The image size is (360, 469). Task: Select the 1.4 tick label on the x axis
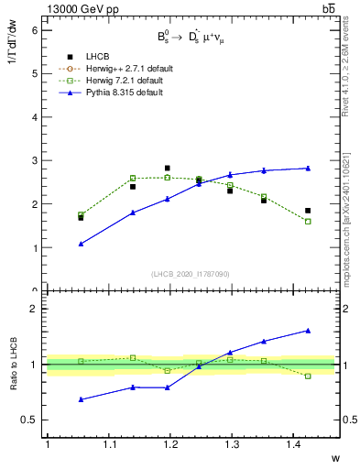(296, 444)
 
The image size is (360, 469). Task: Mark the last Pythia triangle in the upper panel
(308, 168)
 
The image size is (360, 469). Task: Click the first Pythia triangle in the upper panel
(81, 244)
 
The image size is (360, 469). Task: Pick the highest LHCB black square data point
(167, 169)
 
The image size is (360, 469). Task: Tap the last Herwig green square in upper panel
(308, 222)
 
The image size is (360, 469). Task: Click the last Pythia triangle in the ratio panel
(308, 331)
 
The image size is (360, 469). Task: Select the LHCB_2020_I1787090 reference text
(191, 275)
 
